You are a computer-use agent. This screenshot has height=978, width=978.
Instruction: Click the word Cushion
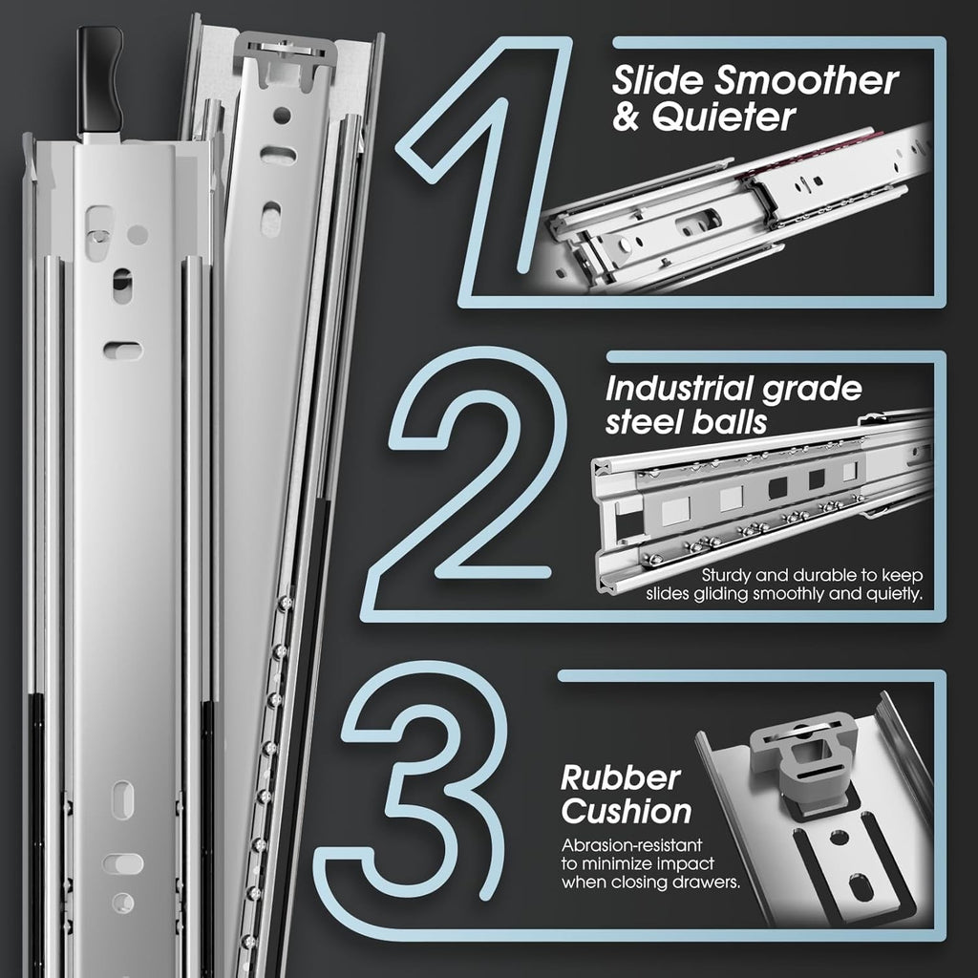click(x=626, y=812)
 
